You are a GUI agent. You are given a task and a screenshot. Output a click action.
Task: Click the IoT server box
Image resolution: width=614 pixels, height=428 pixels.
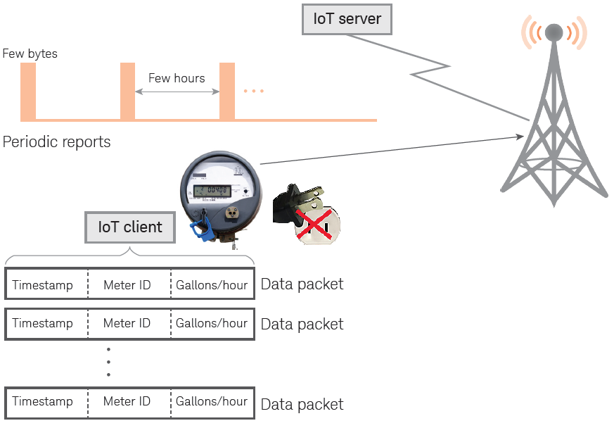pos(346,19)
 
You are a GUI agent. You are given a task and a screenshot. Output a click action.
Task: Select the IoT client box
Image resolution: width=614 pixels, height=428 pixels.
pos(130,227)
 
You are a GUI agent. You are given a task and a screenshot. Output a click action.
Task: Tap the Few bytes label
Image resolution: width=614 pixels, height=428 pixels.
pos(30,53)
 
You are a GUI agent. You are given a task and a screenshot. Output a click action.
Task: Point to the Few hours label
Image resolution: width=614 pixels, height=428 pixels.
pos(177,78)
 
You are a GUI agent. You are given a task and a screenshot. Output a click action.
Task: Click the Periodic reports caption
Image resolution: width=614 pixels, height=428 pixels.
pos(57,141)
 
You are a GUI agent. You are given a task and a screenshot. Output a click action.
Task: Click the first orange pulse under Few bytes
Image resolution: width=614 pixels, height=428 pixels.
pos(28,91)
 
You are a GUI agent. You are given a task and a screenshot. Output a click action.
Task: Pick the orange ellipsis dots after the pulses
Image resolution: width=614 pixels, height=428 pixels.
pos(253,92)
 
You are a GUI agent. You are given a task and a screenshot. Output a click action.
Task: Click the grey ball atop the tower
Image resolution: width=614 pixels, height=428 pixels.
pos(554,32)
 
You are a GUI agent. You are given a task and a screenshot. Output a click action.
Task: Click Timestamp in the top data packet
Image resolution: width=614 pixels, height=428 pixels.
pos(43,285)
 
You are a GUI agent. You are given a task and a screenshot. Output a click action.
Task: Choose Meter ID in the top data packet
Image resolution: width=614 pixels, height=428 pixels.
pos(127,285)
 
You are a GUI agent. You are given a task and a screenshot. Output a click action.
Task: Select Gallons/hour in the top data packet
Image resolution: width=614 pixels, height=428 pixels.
pos(212,285)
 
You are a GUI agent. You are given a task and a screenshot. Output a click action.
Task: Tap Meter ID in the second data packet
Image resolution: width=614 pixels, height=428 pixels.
pos(127,324)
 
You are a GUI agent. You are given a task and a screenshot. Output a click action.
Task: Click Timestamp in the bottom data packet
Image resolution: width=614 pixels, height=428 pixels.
pos(43,401)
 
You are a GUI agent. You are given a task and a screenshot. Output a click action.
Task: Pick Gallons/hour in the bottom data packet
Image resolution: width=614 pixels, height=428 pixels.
pos(212,401)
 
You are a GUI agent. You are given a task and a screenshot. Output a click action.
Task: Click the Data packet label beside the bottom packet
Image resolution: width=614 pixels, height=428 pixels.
pos(302,405)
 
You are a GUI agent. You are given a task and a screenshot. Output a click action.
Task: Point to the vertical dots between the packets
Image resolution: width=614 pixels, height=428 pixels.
pos(108,362)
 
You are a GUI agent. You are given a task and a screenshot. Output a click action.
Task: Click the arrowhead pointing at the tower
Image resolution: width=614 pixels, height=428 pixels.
pos(522,135)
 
